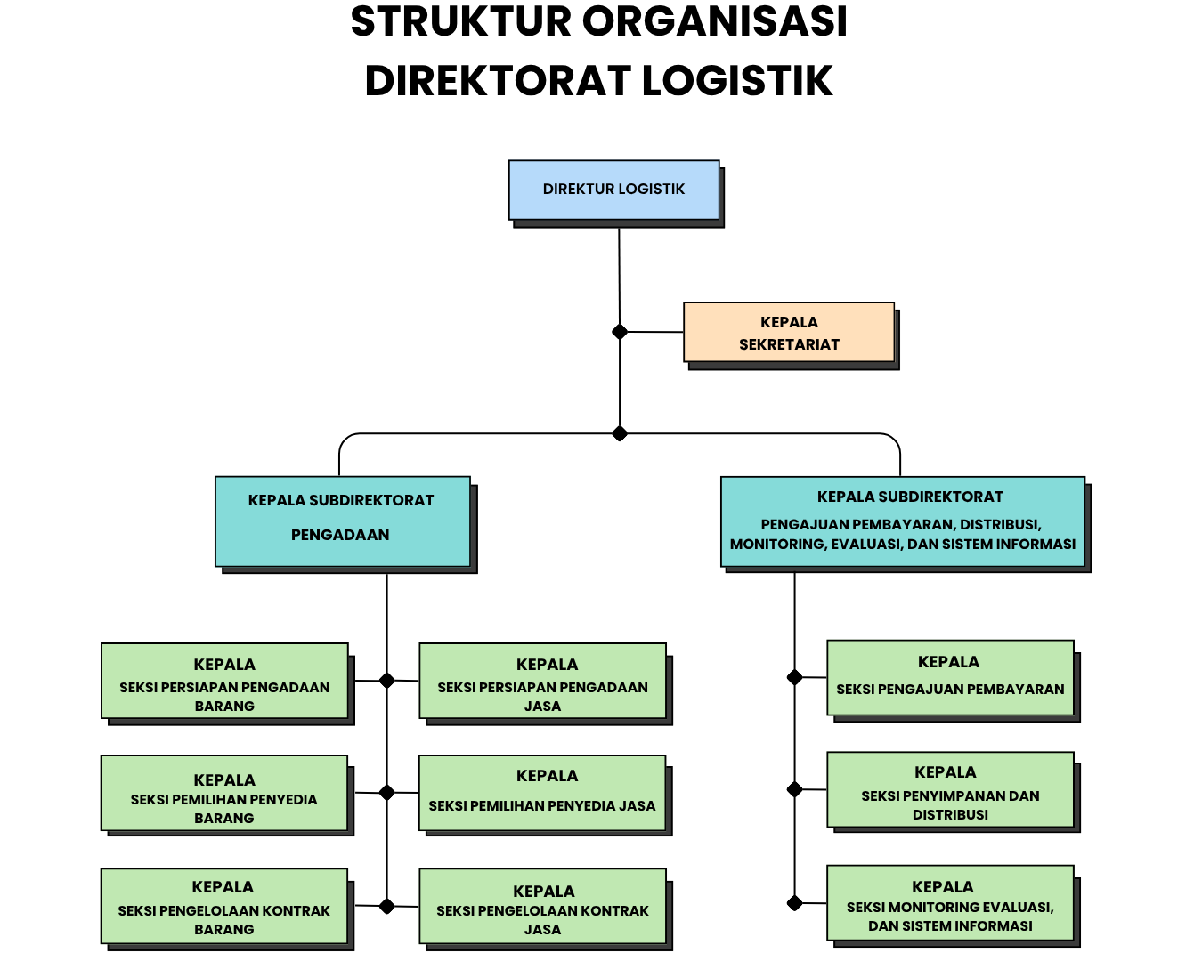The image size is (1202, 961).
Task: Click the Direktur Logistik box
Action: tap(613, 190)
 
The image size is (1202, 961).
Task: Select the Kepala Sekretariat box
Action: tap(789, 333)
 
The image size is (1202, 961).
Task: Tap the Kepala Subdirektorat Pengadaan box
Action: tap(342, 521)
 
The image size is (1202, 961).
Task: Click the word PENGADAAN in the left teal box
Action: tap(340, 535)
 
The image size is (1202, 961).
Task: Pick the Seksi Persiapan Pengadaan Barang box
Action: tap(224, 682)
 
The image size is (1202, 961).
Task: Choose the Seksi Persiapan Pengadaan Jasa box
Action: tap(542, 682)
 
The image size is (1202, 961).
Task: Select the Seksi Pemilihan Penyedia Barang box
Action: tap(224, 794)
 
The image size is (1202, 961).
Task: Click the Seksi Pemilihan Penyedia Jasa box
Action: tap(542, 794)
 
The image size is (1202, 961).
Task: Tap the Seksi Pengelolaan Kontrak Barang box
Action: tap(224, 906)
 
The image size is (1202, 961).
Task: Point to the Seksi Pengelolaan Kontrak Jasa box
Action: tap(542, 906)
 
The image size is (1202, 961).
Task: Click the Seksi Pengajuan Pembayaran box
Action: tap(950, 678)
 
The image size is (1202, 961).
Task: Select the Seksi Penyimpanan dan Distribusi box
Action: tap(950, 790)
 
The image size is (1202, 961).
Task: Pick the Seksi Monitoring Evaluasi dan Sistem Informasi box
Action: tap(950, 903)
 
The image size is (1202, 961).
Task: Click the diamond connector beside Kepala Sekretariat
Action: tap(620, 332)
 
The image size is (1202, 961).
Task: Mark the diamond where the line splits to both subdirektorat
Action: tap(620, 433)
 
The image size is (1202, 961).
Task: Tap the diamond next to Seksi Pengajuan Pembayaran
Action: tap(795, 677)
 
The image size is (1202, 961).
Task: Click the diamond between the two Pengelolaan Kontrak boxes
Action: tap(386, 906)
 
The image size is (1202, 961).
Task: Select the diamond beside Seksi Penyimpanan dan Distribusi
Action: tap(795, 789)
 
